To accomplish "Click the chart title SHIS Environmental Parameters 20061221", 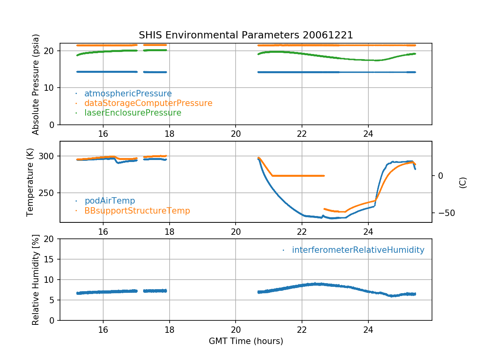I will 246,35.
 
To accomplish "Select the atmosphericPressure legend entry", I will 128,94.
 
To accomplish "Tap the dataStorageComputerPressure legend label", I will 148,103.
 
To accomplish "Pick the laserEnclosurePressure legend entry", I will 133,113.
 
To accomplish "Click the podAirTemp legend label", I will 110,201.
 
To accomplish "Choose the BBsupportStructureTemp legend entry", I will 137,210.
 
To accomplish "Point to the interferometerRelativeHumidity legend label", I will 358,250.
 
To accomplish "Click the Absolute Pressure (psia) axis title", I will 36,84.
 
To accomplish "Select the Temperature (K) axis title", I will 30,182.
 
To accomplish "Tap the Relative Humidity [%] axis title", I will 36,280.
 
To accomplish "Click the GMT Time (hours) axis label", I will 246,341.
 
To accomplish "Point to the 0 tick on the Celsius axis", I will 440,176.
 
